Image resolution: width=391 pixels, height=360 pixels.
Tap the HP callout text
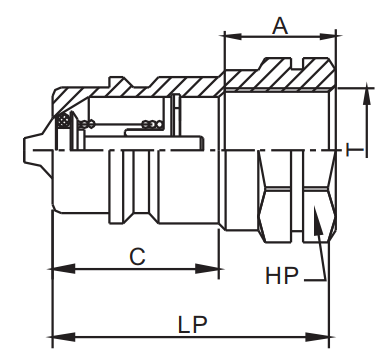point(282,274)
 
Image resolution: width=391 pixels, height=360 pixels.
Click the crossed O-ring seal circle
point(65,122)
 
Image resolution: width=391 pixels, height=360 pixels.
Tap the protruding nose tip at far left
point(25,149)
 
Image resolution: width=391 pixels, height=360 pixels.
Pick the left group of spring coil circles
point(87,125)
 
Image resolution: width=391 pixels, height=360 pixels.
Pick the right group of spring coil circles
point(153,125)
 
